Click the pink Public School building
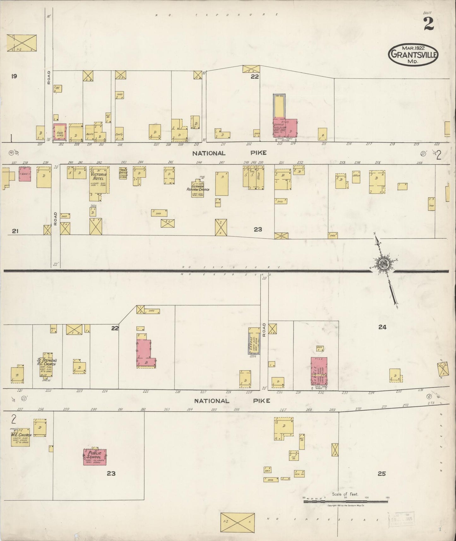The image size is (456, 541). coord(95,456)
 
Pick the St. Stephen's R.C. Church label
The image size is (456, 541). coord(46,362)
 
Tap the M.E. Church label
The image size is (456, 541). coord(21,435)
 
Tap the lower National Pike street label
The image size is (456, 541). coord(232,401)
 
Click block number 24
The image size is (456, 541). coord(382,327)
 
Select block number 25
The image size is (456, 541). coord(382,473)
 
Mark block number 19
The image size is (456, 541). coord(14,76)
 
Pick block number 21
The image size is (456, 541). coord(15,231)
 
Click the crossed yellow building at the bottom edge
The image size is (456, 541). coord(237,522)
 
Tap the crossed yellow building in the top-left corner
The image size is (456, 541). coord(22,43)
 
